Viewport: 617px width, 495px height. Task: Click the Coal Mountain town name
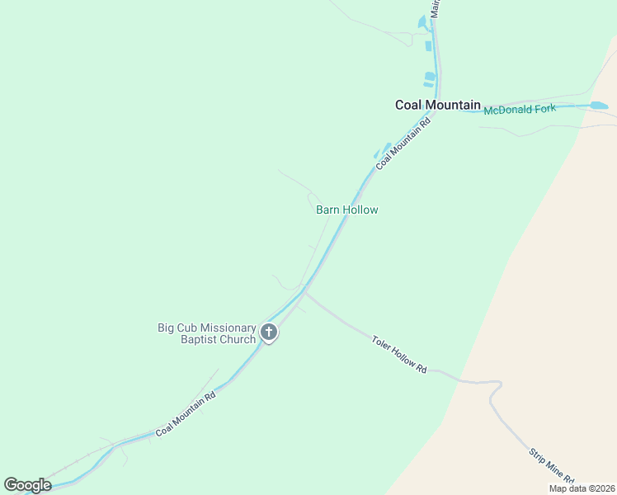[x=437, y=105]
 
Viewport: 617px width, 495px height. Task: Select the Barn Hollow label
[x=346, y=210]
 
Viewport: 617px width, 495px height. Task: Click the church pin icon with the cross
[x=269, y=332]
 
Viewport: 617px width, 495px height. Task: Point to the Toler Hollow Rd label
[x=399, y=354]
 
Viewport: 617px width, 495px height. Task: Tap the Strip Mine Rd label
[x=550, y=467]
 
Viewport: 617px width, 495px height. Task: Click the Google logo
[x=27, y=484]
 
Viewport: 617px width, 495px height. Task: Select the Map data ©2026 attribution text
[x=581, y=488]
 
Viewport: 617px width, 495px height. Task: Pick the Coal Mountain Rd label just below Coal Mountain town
[x=403, y=143]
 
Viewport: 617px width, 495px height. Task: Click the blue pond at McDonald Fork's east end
[x=599, y=106]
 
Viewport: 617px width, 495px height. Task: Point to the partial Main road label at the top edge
[x=436, y=8]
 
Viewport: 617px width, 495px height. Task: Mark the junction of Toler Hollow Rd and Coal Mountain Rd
[x=305, y=290]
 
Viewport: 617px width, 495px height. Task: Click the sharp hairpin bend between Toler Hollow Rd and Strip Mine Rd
[x=497, y=384]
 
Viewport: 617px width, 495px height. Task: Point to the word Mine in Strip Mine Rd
[x=552, y=469]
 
